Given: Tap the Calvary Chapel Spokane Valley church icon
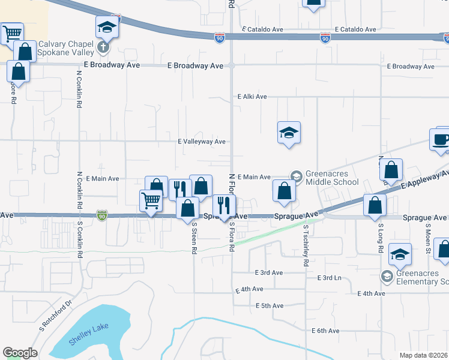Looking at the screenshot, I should tap(103, 46).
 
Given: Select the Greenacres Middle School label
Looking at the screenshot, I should tap(333, 178).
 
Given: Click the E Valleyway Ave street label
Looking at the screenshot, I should tap(201, 142).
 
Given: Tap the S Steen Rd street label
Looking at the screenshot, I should tap(194, 239).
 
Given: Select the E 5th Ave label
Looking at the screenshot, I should tap(269, 306).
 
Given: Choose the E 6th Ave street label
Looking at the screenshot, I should tap(325, 331).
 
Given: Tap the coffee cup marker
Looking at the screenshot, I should tap(441, 140).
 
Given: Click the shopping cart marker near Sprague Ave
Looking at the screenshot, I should tap(151, 201).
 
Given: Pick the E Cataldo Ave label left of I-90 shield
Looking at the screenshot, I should tap(262, 29).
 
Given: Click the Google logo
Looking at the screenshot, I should tap(20, 353).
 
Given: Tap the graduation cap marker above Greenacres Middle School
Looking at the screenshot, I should tap(289, 133).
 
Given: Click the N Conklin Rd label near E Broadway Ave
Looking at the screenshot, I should tap(79, 89).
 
